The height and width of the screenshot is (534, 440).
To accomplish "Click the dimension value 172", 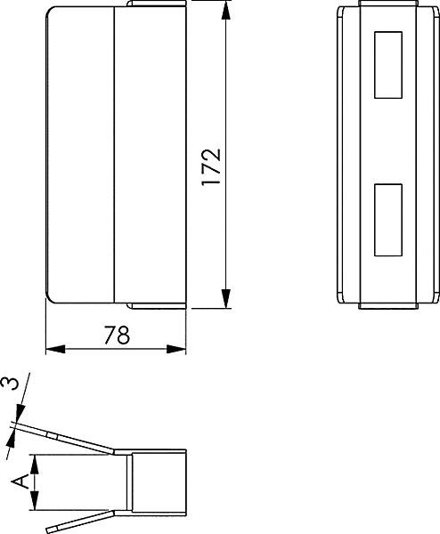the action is pos(211,167).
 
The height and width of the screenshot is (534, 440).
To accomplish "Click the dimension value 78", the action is pos(117,336).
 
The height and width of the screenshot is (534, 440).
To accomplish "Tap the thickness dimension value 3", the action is pos(9,383).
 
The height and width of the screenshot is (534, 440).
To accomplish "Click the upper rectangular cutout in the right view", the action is pos(388,65).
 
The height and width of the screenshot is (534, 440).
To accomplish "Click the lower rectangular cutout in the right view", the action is pos(388,220).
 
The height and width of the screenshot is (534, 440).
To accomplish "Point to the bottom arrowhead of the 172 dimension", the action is pos(225,299).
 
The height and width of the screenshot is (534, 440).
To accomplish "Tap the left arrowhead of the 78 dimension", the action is pos(55,349).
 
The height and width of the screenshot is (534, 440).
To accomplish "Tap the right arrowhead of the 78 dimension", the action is pos(176,349).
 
